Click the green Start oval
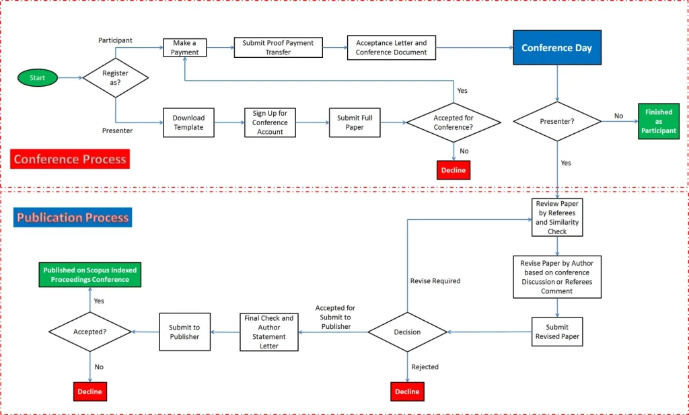(x=38, y=78)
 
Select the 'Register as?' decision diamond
(x=116, y=78)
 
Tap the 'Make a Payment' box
(x=184, y=48)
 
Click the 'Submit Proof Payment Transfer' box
(x=278, y=48)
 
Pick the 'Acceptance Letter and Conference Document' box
(x=392, y=48)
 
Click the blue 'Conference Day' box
(x=557, y=48)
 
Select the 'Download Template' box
(x=188, y=122)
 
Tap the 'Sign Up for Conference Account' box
(x=270, y=122)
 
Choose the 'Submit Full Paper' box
(x=355, y=122)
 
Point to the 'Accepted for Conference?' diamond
(x=454, y=122)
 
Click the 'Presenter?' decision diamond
(x=557, y=121)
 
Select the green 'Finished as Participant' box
(x=659, y=121)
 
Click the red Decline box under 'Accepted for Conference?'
(x=454, y=170)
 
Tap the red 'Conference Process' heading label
(x=70, y=159)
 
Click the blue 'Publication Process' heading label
(x=73, y=217)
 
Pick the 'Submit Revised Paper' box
(x=557, y=332)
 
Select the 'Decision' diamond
(x=407, y=332)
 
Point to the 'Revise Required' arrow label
(x=435, y=281)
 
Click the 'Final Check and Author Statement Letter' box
(x=269, y=332)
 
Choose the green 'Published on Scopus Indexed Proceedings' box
(x=90, y=275)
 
